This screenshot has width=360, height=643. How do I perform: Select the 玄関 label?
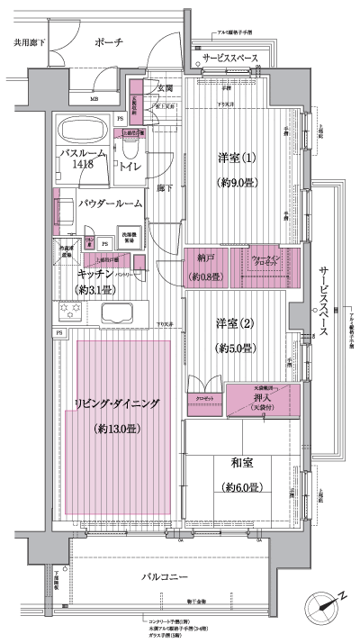click(165, 88)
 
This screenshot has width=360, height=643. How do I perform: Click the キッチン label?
click(95, 272)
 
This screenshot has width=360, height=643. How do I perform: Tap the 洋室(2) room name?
click(233, 322)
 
